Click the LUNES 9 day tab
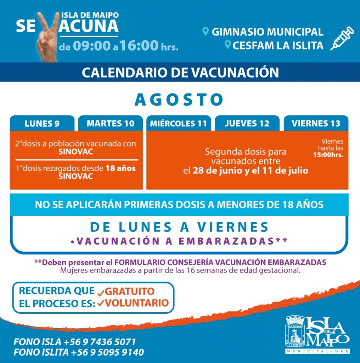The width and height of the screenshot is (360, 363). click(x=42, y=123)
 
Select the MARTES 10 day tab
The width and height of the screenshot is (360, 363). click(x=111, y=123)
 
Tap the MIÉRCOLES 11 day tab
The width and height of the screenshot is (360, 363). click(x=178, y=123)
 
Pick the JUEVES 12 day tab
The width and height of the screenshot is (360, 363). click(x=247, y=123)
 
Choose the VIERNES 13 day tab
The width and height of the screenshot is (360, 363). click(x=316, y=123)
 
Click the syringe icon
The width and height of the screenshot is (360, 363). click(x=342, y=38)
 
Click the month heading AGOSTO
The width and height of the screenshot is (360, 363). click(x=179, y=100)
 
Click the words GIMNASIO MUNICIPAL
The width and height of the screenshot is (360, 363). click(x=268, y=32)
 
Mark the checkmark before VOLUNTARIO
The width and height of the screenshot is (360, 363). click(x=101, y=304)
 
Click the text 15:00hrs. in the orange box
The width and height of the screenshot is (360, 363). click(x=328, y=155)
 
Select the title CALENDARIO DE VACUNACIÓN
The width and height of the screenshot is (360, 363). click(x=180, y=72)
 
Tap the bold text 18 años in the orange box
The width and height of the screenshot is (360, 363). click(x=120, y=169)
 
